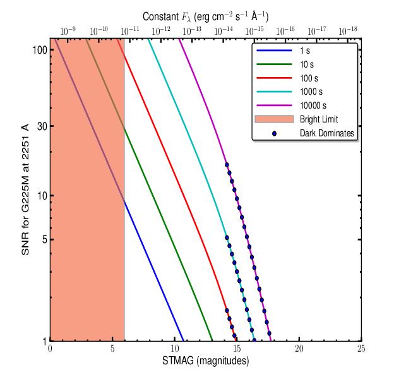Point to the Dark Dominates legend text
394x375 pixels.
(329, 134)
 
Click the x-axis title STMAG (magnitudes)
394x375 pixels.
(205, 361)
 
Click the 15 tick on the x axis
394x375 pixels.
(237, 348)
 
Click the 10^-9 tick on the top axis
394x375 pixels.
(68, 30)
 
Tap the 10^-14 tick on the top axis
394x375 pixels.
(223, 30)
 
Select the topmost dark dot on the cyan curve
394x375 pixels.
(227, 239)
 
